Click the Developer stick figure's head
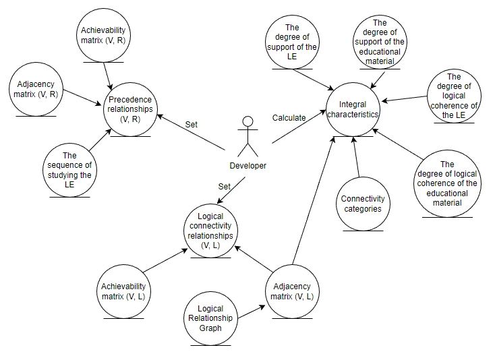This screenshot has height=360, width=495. (247, 122)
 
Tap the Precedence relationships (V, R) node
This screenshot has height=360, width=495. (131, 110)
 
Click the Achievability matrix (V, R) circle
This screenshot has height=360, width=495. (103, 35)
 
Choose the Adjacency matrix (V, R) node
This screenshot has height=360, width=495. (35, 90)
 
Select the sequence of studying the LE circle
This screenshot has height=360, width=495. (70, 169)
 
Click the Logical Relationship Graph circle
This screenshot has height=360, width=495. (210, 318)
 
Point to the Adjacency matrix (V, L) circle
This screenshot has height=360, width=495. (292, 291)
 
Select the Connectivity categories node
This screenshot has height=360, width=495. (362, 204)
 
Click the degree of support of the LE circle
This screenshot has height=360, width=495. (291, 42)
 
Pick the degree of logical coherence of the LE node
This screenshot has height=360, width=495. (454, 96)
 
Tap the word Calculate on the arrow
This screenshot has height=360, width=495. (289, 118)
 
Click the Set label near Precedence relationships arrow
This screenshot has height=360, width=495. (191, 124)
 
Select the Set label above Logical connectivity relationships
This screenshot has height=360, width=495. (224, 186)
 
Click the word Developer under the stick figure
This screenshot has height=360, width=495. (247, 166)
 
